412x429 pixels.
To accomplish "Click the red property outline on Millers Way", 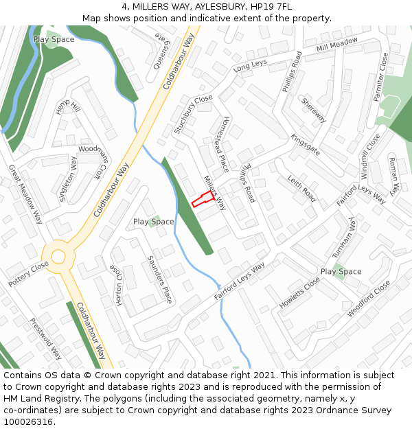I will (201, 199).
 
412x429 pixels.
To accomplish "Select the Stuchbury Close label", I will (193, 114).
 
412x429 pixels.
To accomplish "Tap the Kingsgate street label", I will (306, 145).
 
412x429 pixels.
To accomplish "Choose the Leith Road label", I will (301, 188).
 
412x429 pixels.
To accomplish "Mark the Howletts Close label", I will (300, 292).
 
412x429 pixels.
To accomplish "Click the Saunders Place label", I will (160, 279).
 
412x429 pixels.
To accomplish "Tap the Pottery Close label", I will (29, 274).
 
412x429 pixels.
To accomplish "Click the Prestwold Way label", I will (46, 338).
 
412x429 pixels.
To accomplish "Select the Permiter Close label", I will (380, 77).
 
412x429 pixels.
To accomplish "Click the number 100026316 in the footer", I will (28, 422).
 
